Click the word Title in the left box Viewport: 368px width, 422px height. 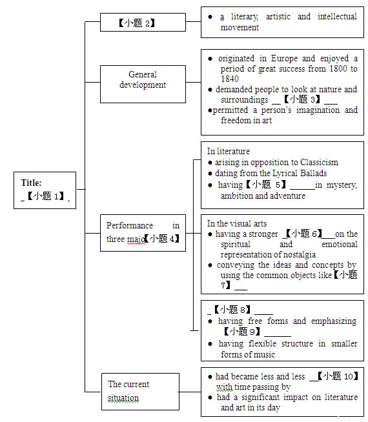tap(31, 183)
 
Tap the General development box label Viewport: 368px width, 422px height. tap(143, 79)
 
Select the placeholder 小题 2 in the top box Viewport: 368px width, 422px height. tap(137, 23)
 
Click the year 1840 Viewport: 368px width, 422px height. tap(230, 79)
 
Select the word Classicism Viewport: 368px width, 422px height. tap(319, 163)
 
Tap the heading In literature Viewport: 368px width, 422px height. tap(229, 151)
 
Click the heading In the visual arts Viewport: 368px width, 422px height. tap(237, 223)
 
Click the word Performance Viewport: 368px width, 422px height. tap(130, 225)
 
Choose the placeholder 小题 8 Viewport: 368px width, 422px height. tap(232, 310)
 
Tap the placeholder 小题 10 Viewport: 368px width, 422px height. tap(338, 376)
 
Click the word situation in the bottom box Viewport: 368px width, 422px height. tap(123, 397)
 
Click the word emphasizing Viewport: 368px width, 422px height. tap(334, 321)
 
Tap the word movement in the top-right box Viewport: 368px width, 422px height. tap(240, 28)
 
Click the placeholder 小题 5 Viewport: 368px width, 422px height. tap(266, 185)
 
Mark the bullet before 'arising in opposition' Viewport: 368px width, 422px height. tap(210, 163)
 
